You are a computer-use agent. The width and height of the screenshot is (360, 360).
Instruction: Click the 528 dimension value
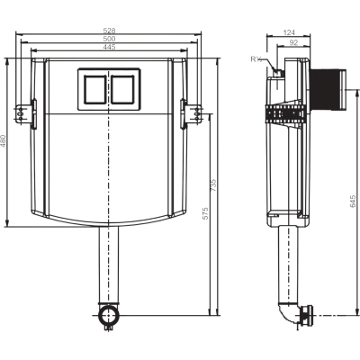pos(109,31)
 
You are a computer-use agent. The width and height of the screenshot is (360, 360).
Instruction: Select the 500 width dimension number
pos(109,39)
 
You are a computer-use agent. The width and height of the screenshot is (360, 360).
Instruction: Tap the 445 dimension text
pos(109,47)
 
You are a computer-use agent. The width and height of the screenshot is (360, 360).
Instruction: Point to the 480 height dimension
pos(3,141)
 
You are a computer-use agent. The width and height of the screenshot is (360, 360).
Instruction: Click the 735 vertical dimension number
pos(213,185)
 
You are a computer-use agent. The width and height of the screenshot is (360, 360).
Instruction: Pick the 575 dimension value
pos(205,213)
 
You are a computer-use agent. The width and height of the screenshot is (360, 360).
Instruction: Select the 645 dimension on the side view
pos(353,201)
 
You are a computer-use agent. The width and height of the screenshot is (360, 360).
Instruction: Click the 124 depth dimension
pos(289,32)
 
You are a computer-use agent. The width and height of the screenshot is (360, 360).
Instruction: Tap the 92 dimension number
pos(293,43)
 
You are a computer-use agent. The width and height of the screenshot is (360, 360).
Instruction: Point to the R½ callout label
pos(256,59)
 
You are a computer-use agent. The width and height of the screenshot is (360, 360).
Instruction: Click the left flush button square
pos(94,89)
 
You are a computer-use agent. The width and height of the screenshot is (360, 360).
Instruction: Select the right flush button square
pos(122,89)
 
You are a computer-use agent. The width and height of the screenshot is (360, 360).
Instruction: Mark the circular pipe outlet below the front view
pos(108,315)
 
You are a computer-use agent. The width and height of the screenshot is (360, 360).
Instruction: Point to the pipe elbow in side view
pos(288,313)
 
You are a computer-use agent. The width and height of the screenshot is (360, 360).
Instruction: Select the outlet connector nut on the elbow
pos(307,316)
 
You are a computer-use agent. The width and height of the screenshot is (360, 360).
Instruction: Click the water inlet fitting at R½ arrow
pos(278,73)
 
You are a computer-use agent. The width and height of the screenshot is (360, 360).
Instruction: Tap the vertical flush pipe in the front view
pos(109,265)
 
